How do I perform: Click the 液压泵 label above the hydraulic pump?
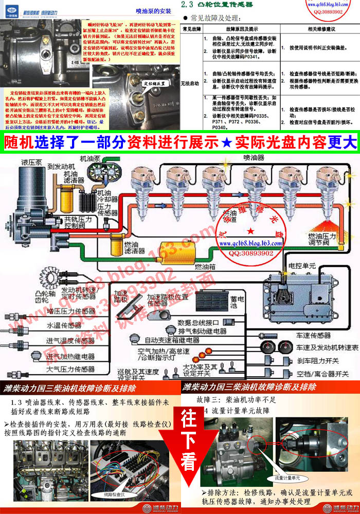32,162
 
